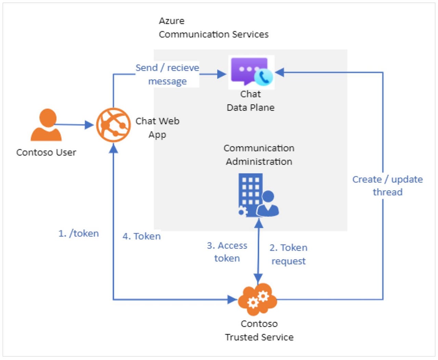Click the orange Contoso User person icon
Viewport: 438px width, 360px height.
pos(46,125)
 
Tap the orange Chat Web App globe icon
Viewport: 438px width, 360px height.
pos(113,125)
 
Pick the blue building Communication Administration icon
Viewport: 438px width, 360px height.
pos(258,195)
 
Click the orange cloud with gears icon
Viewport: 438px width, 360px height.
pos(257,299)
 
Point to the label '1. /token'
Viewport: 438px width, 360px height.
pos(79,233)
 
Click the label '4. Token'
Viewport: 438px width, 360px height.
pos(142,236)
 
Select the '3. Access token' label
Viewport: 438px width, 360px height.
pos(227,252)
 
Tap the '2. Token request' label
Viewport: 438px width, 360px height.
pos(288,254)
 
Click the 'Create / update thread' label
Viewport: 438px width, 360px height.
pos(387,185)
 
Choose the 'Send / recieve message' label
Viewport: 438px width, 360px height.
pos(167,74)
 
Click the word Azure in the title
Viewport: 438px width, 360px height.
pos(171,21)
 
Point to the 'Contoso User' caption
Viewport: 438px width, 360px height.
pos(46,152)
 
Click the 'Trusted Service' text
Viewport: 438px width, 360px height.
pos(259,337)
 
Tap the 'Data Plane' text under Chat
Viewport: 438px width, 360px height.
pos(250,107)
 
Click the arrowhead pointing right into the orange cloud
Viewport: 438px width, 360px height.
pos(233,300)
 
